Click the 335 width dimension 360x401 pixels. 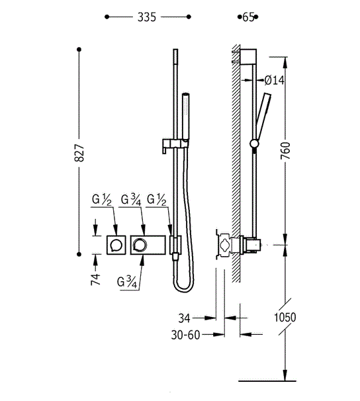click(x=147, y=17)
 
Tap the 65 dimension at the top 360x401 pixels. click(x=248, y=17)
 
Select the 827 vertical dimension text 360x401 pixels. click(x=79, y=153)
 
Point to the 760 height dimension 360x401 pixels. click(x=286, y=151)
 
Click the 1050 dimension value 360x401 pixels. click(x=285, y=318)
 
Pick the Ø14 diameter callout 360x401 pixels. click(x=274, y=80)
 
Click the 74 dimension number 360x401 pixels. click(x=95, y=279)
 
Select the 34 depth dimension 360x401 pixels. click(x=185, y=318)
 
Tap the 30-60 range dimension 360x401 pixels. click(x=185, y=335)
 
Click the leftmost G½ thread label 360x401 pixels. click(x=101, y=200)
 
